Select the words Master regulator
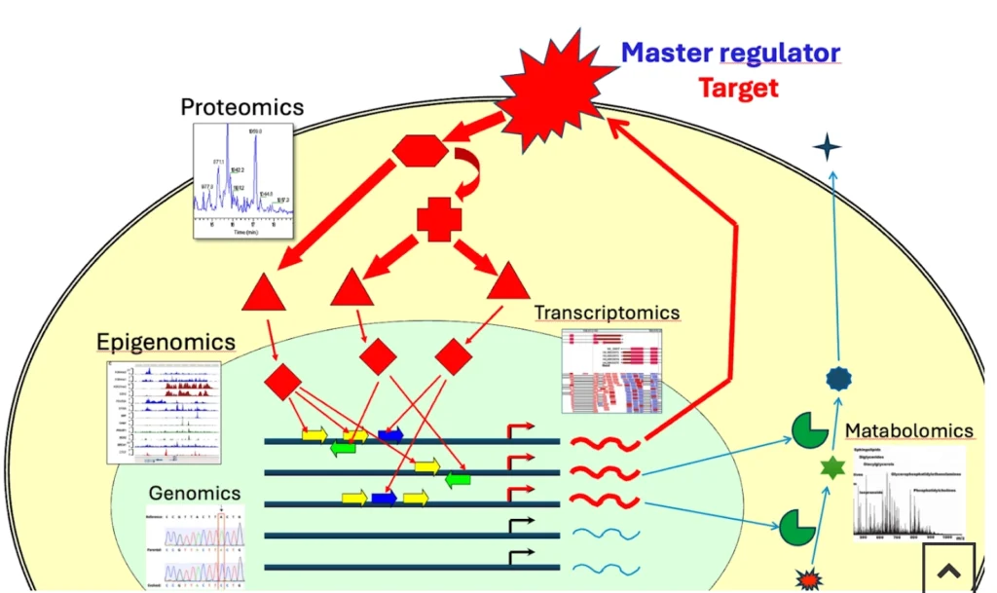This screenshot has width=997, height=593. pos(730,53)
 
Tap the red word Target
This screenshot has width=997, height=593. pos(739,88)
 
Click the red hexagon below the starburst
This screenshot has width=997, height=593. pos(421,151)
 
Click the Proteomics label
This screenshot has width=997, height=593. pos(242,106)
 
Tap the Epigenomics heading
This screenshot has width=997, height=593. pos(166,342)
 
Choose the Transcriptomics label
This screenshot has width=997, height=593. pos(607,313)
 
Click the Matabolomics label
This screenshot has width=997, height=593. pos(908,430)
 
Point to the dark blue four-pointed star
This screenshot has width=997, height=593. pos(827,147)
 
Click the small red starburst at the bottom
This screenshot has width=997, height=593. pos(807,580)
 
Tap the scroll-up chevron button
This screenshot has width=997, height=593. pos(948,571)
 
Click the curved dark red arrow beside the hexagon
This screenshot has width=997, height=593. pos(468,175)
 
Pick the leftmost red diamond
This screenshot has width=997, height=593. pos(282,382)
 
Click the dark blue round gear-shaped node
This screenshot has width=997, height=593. pos(837,379)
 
